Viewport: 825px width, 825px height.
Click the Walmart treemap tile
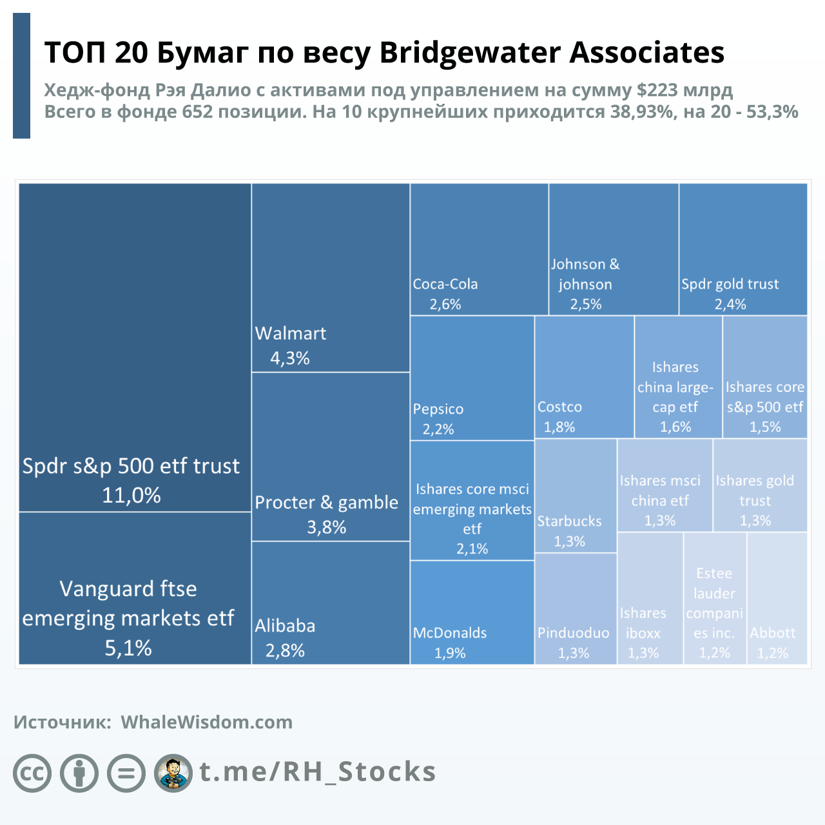click(330, 277)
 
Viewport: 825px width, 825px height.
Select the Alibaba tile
click(330, 603)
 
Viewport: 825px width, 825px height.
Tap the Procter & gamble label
click(326, 503)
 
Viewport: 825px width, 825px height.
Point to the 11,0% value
click(131, 496)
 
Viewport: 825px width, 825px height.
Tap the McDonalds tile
click(472, 612)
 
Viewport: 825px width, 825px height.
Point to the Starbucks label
click(569, 521)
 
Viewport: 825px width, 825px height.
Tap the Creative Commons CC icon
click(32, 773)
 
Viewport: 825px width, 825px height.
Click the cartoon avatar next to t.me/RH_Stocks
click(173, 773)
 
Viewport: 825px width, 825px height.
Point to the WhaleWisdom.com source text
click(206, 722)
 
